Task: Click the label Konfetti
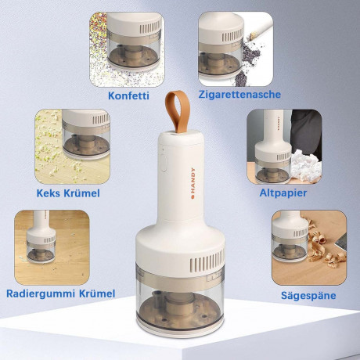[128, 95]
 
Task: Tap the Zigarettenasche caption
[239, 95]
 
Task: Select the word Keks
[48, 193]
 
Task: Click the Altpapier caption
[283, 193]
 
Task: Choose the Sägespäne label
[308, 296]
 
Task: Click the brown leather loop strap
[177, 112]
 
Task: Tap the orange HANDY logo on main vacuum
[193, 183]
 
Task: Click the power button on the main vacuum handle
[164, 164]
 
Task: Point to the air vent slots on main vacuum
[207, 261]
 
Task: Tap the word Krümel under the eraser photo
[97, 293]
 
